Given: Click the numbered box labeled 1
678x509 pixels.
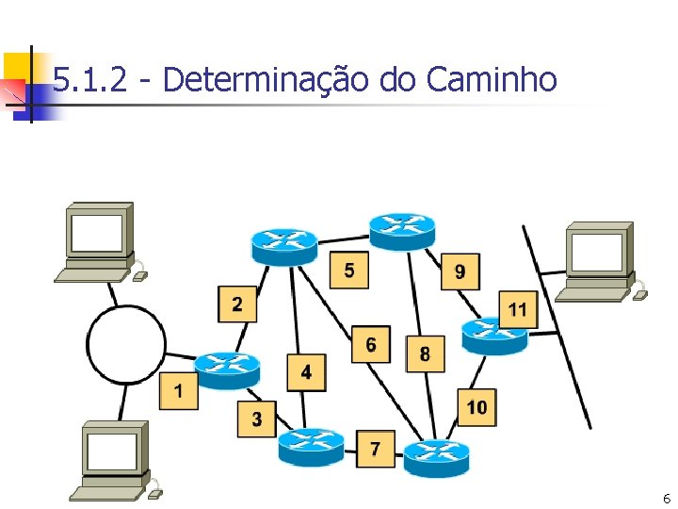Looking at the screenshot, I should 179,389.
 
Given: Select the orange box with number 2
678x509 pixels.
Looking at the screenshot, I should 236,304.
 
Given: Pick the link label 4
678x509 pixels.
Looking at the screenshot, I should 306,372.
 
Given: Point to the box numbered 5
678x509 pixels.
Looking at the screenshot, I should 349,271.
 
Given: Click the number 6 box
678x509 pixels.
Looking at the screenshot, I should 371,345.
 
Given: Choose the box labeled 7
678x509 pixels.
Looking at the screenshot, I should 376,448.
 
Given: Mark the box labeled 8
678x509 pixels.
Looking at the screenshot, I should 425,354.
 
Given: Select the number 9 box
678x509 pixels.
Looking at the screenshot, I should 460,271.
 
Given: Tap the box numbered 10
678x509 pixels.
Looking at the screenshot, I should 477,407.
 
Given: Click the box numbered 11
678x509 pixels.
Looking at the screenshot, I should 518,309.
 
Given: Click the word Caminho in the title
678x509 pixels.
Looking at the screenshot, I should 492,81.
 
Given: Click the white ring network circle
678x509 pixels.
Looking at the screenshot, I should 125,344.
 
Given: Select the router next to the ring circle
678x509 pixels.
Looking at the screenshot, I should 227,369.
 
